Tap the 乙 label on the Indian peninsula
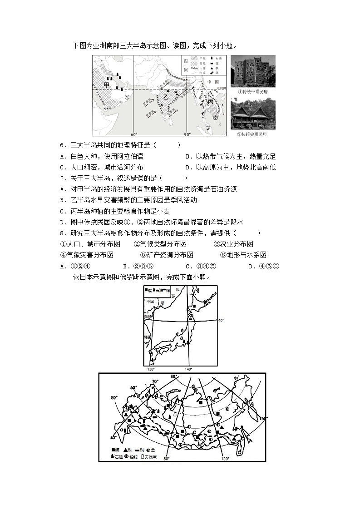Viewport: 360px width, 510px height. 166,97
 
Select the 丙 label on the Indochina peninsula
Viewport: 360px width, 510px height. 210,102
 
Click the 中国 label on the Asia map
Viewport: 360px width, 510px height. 210,82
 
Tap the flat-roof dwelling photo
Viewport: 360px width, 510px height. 252,70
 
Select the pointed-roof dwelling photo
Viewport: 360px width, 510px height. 252,113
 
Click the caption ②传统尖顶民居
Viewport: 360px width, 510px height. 252,134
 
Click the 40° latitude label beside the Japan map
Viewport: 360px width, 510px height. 221,320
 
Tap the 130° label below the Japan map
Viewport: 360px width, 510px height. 152,369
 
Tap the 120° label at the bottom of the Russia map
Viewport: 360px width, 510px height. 224,459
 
